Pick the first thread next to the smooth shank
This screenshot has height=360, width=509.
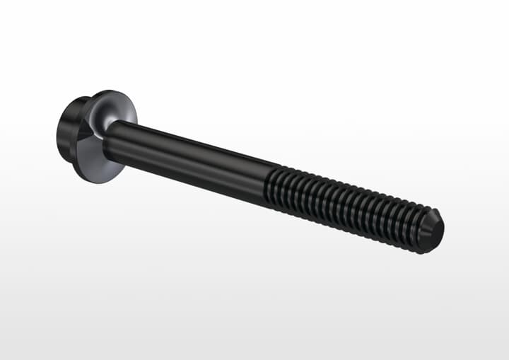point(272,186)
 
